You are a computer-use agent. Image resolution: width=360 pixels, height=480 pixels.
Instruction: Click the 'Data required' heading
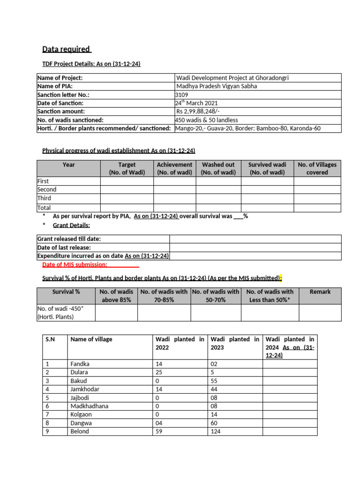pyautogui.click(x=67, y=49)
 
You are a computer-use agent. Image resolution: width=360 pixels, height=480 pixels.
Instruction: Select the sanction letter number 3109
pyautogui.click(x=182, y=95)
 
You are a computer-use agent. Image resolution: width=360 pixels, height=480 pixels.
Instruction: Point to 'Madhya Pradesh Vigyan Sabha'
pyautogui.click(x=217, y=86)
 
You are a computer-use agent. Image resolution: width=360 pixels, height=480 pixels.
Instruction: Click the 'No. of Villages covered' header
pyautogui.click(x=317, y=168)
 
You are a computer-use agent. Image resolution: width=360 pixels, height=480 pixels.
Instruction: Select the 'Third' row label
pyautogui.click(x=44, y=198)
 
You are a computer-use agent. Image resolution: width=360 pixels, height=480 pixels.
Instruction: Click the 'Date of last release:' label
pyautogui.click(x=64, y=247)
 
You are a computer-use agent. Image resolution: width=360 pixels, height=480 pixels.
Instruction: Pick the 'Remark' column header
pyautogui.click(x=320, y=292)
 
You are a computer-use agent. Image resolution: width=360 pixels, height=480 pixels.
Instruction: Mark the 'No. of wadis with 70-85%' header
pyautogui.click(x=164, y=296)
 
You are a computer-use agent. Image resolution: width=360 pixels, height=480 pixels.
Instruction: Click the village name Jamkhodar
pyautogui.click(x=85, y=389)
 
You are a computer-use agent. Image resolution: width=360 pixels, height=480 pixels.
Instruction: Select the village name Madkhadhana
pyautogui.click(x=89, y=406)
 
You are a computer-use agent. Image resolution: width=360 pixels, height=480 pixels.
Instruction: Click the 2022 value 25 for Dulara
pyautogui.click(x=159, y=372)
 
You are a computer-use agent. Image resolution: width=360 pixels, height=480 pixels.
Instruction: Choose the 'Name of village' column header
pyautogui.click(x=91, y=339)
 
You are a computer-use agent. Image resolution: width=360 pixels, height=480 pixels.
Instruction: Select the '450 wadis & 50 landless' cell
pyautogui.click(x=207, y=120)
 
